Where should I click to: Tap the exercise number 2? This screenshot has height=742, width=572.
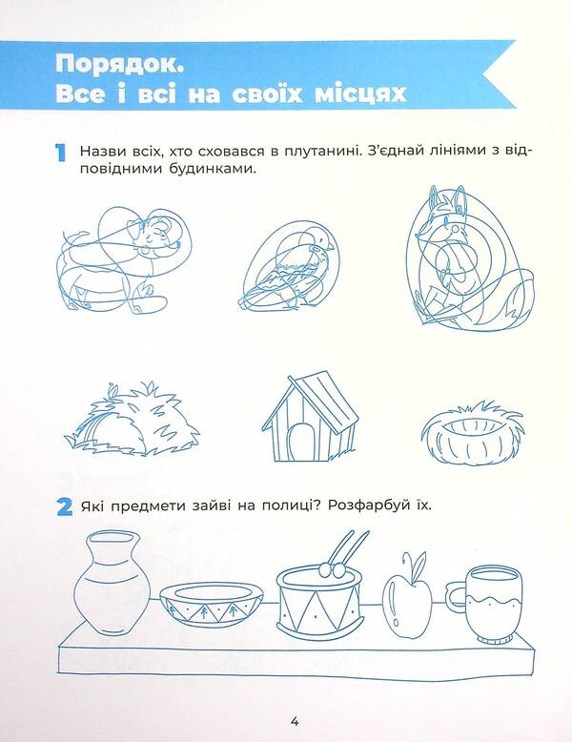63,506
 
